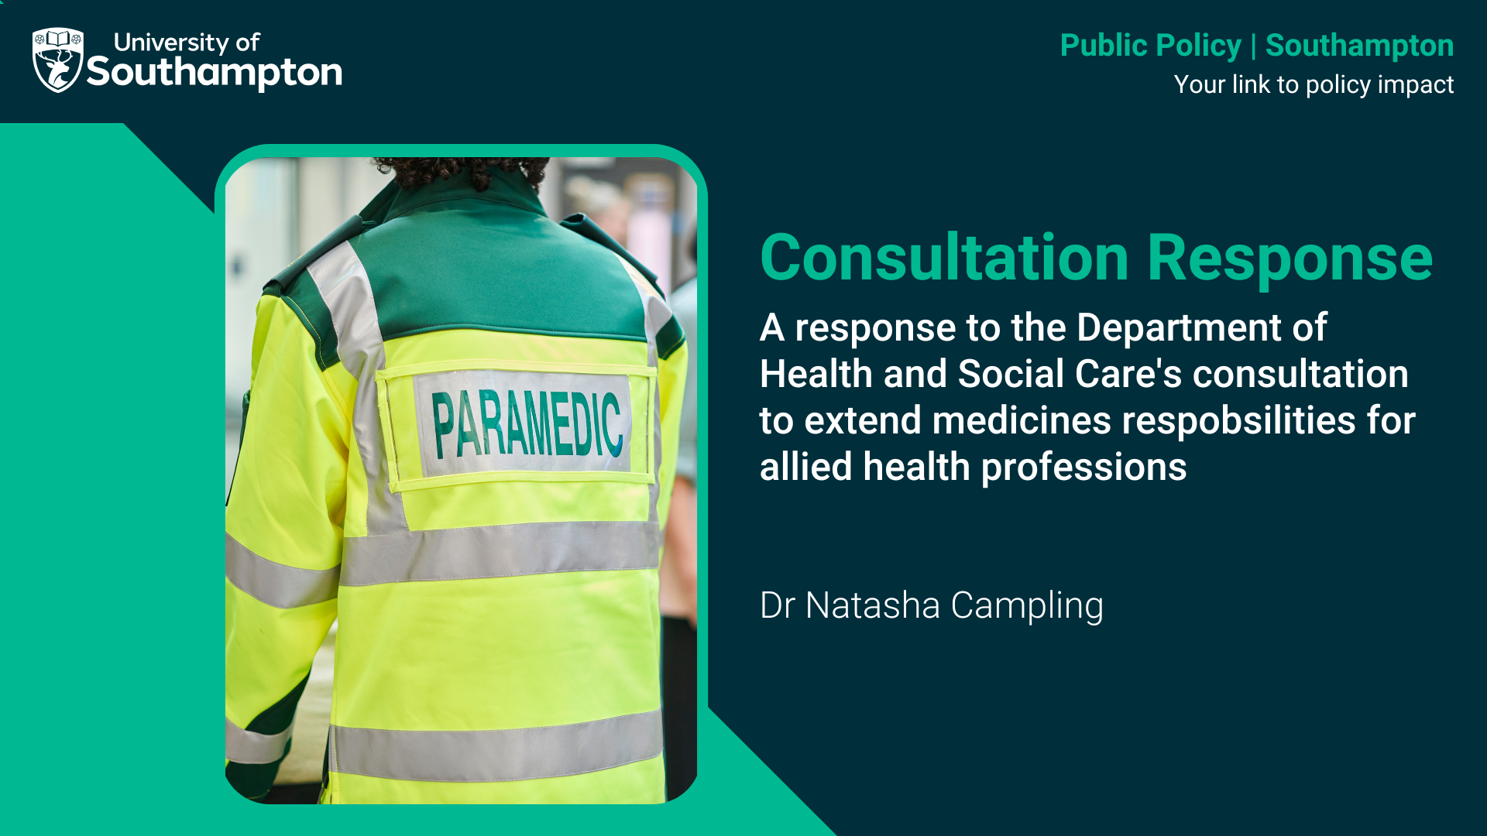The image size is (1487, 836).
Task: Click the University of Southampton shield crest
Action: coord(57,60)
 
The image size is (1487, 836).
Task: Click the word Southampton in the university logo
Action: coord(215,73)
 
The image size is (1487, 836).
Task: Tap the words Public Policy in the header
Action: coord(1150,46)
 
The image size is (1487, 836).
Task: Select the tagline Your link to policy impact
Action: coord(1314,84)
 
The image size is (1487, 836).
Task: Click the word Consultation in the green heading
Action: coord(944,258)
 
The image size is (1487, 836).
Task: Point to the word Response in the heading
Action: coord(1290,258)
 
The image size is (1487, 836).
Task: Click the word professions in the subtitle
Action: coord(1083,468)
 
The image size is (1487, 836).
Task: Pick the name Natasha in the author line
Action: coord(872,605)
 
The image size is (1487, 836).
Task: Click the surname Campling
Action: coord(1027,607)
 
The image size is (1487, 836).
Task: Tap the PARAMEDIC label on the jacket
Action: coord(527,423)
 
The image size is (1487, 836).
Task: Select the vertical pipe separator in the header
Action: coord(1253,46)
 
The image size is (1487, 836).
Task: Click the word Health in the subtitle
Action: coord(816,374)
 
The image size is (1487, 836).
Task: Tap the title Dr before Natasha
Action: coord(777,605)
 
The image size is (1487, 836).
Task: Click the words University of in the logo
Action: coord(187,42)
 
